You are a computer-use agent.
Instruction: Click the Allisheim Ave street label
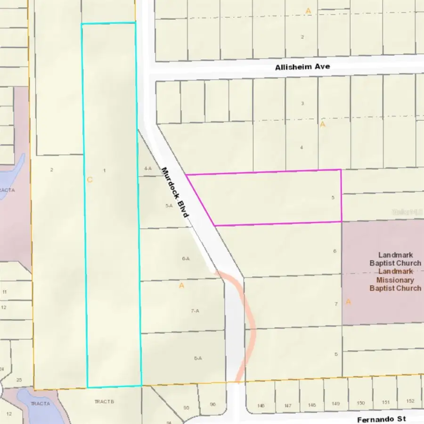coord(302,67)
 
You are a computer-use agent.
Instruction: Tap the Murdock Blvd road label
coord(175,192)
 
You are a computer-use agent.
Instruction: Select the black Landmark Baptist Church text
coord(395,259)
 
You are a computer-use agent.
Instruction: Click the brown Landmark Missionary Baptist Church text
coord(395,280)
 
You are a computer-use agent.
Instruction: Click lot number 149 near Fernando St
coord(335,404)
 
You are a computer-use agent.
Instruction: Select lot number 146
coord(261,405)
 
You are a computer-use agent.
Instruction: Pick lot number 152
coord(410,401)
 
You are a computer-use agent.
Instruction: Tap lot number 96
coord(212,404)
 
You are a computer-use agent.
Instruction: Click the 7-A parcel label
coord(195,311)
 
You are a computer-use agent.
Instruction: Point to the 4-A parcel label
coord(148,168)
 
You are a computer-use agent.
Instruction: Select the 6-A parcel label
coord(185,259)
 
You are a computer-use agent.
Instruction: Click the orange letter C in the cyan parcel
coord(90,179)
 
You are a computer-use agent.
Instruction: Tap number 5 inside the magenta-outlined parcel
coord(333,198)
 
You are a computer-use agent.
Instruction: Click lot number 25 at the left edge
coord(19,380)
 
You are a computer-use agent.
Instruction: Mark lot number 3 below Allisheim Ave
coord(302,103)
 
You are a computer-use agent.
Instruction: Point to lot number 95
coord(186,408)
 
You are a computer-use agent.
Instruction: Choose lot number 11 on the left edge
coord(4,292)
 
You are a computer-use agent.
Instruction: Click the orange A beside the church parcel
coord(348,302)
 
